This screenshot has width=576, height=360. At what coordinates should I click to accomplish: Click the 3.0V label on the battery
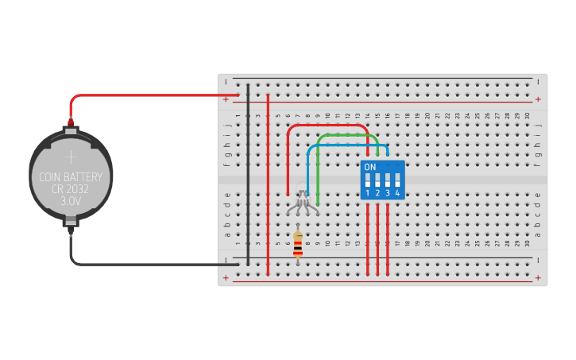[x=71, y=202]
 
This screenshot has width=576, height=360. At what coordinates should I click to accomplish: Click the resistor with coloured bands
[x=298, y=242]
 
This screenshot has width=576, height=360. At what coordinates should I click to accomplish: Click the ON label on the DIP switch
[x=369, y=168]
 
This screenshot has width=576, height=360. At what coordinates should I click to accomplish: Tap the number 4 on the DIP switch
[x=396, y=193]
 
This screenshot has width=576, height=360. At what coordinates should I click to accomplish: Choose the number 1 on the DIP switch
[x=368, y=193]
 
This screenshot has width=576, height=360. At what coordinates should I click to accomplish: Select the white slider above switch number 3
[x=387, y=178]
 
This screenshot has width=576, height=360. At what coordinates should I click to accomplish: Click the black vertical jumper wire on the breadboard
[x=248, y=175]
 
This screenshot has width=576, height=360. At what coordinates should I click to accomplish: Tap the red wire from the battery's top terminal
[x=143, y=95]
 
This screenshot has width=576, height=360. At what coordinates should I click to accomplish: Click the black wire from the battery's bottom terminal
[x=143, y=264]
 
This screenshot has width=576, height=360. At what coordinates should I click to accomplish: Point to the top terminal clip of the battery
[x=71, y=123]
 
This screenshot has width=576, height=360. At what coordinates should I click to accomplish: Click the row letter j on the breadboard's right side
[x=539, y=126]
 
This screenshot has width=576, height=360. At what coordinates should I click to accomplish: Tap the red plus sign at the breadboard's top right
[x=539, y=99]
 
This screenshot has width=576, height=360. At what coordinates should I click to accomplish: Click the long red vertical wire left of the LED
[x=268, y=183]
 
